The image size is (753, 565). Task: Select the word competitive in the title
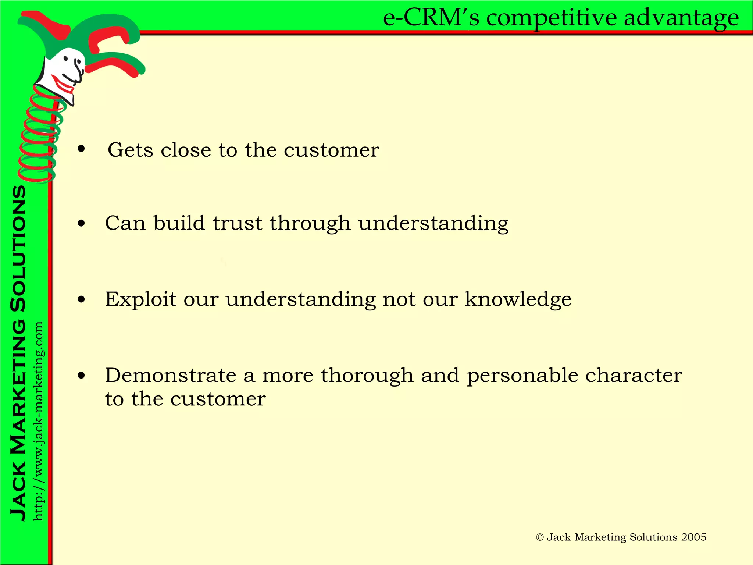click(552, 18)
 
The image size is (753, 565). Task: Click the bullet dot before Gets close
click(81, 149)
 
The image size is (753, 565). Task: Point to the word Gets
click(130, 150)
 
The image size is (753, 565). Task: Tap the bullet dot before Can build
click(81, 223)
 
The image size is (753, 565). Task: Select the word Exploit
click(140, 299)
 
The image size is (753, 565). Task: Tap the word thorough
click(367, 376)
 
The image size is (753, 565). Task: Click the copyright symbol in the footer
click(540, 537)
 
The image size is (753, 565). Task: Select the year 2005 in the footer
click(693, 537)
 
